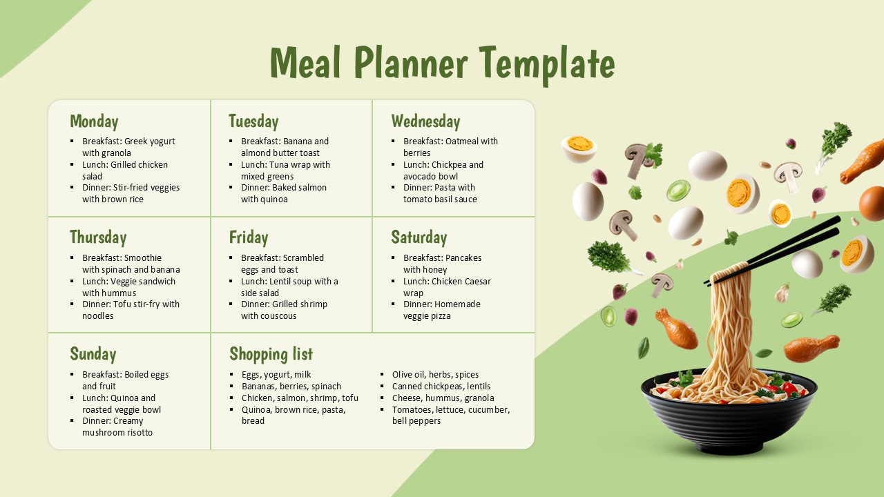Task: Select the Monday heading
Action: click(x=94, y=121)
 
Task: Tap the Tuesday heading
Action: click(x=253, y=121)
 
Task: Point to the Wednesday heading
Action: click(x=425, y=121)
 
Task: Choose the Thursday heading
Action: click(x=98, y=237)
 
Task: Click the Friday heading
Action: click(x=249, y=237)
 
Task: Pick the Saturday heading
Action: click(x=419, y=237)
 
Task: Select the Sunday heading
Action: click(x=93, y=354)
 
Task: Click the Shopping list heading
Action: click(x=271, y=354)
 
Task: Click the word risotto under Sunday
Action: click(x=137, y=433)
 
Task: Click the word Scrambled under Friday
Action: click(x=303, y=258)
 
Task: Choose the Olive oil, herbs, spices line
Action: click(x=435, y=375)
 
